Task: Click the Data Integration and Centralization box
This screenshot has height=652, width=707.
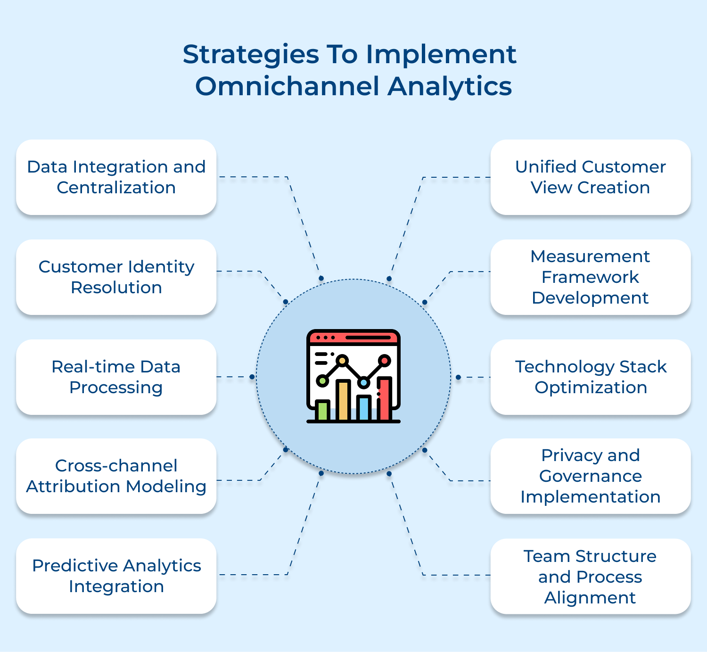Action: pyautogui.click(x=116, y=177)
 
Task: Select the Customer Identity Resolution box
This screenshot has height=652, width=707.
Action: pyautogui.click(x=116, y=277)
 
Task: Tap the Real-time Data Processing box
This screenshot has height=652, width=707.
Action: pyautogui.click(x=116, y=377)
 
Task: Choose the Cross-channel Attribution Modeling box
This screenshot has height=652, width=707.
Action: pyautogui.click(x=116, y=476)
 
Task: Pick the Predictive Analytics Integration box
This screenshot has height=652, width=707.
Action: pyautogui.click(x=116, y=576)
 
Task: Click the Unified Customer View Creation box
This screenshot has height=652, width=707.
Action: pyautogui.click(x=590, y=177)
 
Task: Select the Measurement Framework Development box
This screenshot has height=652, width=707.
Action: pyautogui.click(x=590, y=277)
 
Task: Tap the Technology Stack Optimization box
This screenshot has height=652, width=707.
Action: pyautogui.click(x=590, y=377)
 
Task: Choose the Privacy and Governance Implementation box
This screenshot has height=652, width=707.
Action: pyautogui.click(x=590, y=476)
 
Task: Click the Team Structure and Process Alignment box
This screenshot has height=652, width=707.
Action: pyautogui.click(x=590, y=577)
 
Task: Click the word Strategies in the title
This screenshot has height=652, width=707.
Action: pyautogui.click(x=251, y=55)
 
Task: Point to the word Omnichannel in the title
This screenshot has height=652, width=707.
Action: pyautogui.click(x=287, y=87)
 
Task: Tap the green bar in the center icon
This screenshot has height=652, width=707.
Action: pyautogui.click(x=323, y=410)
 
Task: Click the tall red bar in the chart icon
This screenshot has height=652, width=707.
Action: pyautogui.click(x=384, y=398)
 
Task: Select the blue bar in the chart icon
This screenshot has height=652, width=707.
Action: pyautogui.click(x=363, y=408)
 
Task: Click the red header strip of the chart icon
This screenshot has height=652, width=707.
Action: pyautogui.click(x=353, y=338)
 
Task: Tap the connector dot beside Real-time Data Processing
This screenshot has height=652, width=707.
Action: pyautogui.click(x=252, y=377)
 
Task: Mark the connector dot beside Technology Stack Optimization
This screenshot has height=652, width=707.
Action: pyautogui.click(x=458, y=377)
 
